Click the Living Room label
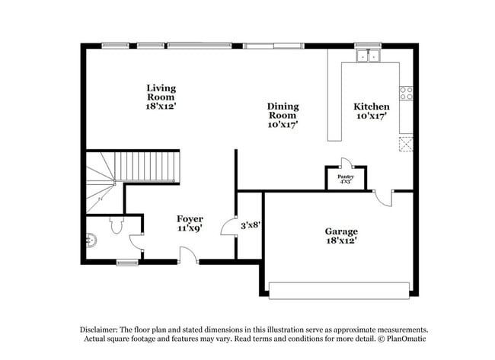[161, 97]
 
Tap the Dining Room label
[283, 115]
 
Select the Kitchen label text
[372, 111]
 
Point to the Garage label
[341, 236]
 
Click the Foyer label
[190, 224]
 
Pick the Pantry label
[346, 179]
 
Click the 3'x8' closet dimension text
[251, 225]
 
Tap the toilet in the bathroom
[117, 225]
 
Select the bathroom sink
[91, 240]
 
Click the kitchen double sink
[369, 56]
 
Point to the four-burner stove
[407, 93]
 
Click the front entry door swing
[188, 255]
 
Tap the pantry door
[346, 163]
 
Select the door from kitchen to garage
[384, 198]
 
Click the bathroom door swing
[136, 243]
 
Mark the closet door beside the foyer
[228, 226]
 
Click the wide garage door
[339, 291]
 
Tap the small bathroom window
[127, 263]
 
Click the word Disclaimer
[99, 330]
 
